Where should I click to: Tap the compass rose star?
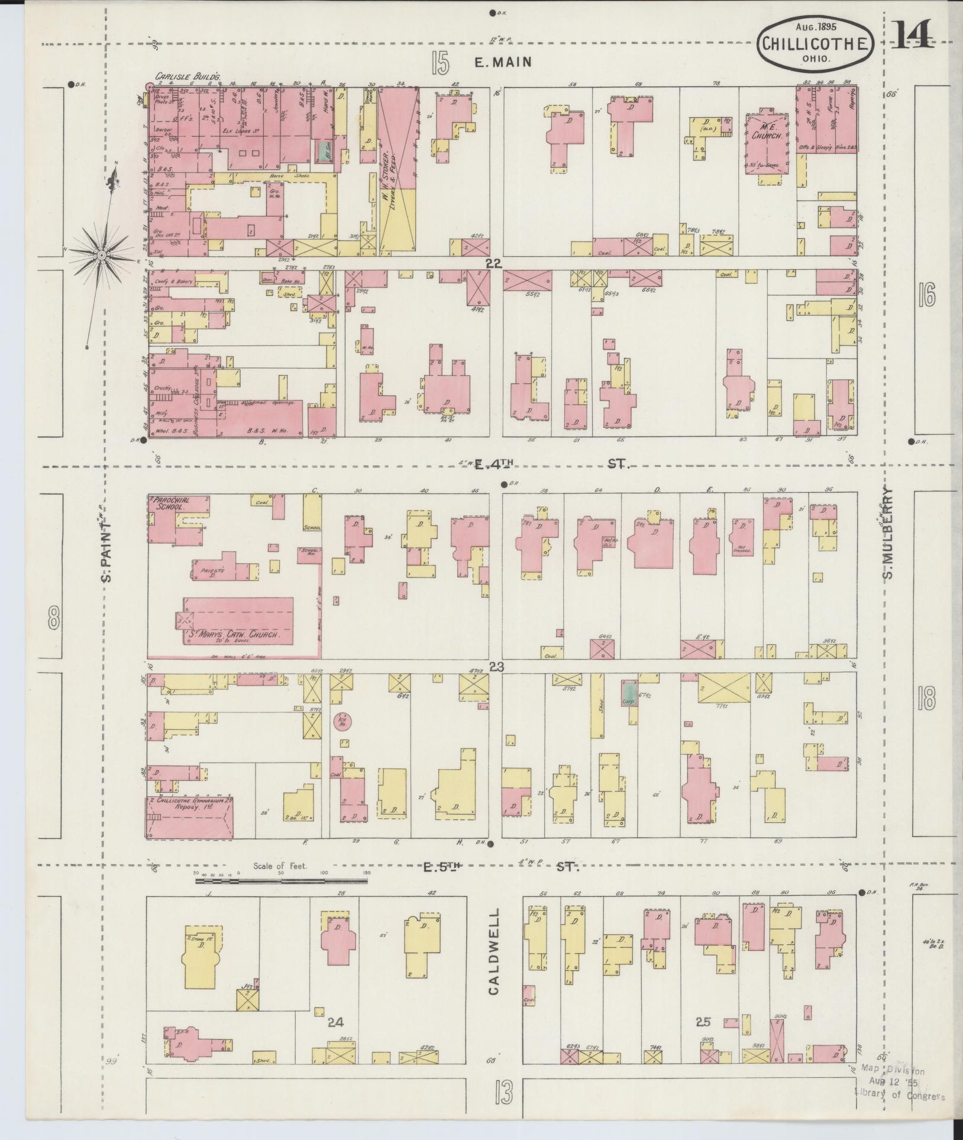[x=102, y=254]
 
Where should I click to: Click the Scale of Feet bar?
[x=281, y=881]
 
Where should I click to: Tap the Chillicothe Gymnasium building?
[x=189, y=818]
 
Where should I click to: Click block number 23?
[x=496, y=667]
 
